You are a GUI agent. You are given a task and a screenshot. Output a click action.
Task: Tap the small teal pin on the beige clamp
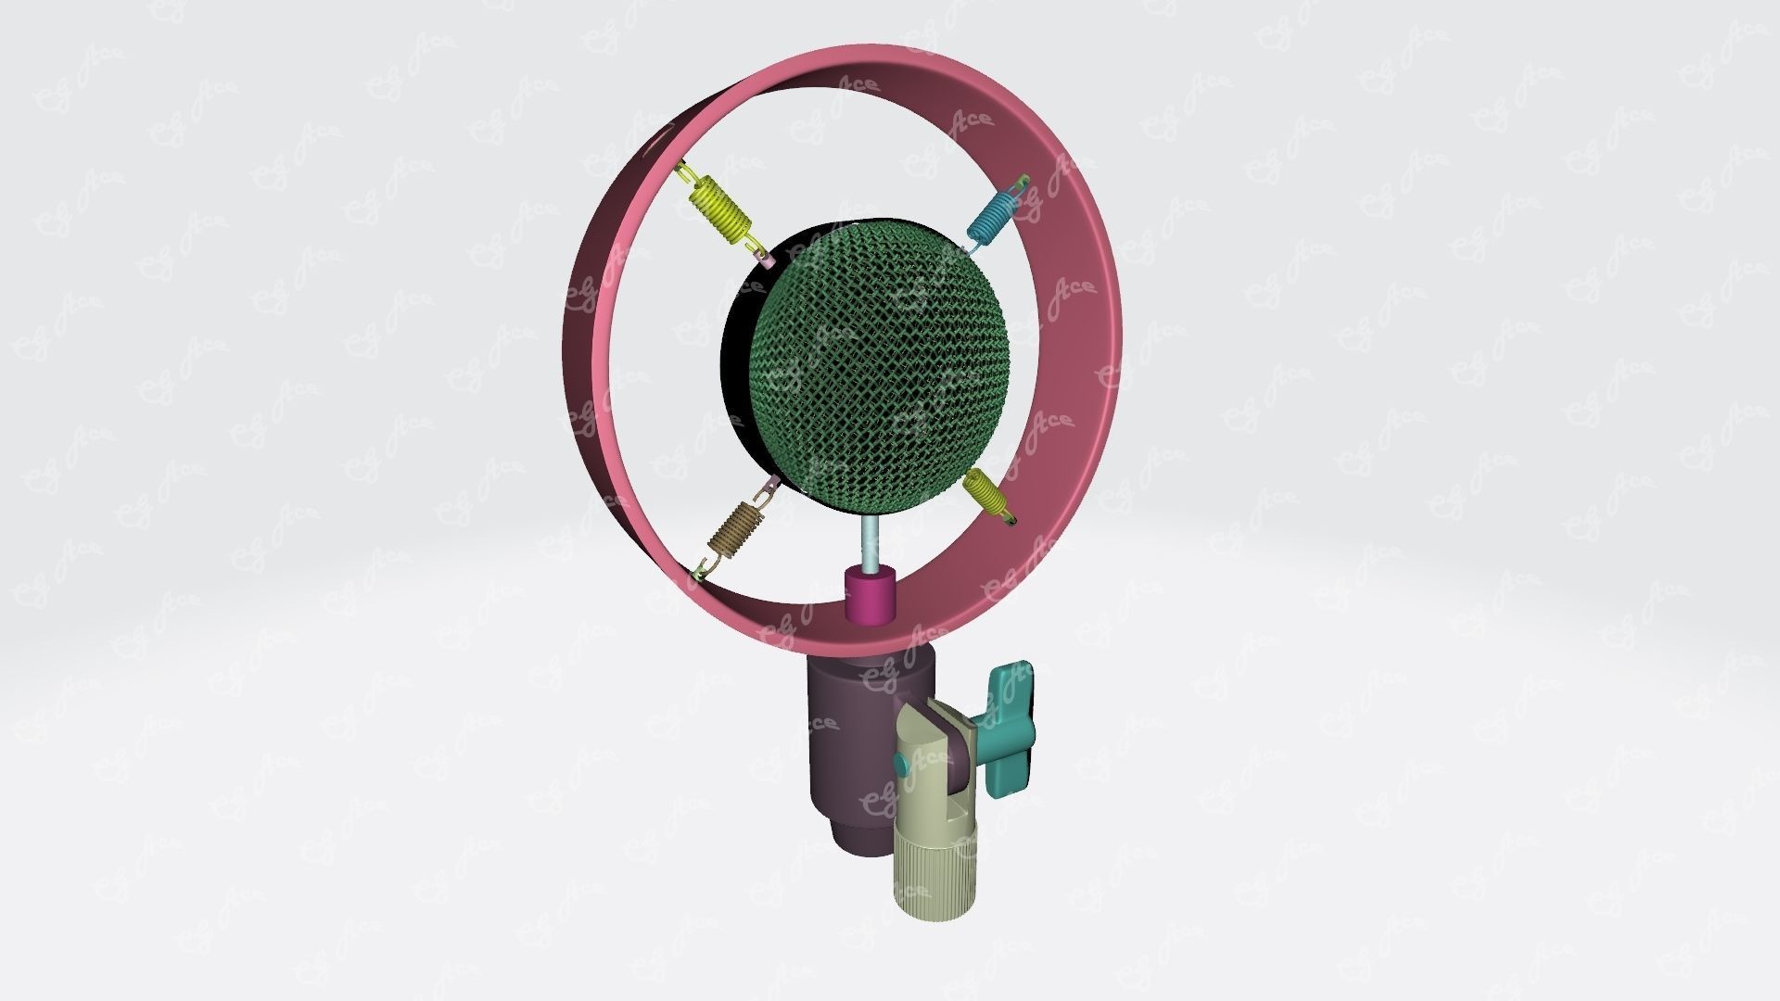(x=900, y=764)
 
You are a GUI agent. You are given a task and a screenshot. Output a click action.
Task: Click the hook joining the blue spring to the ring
(x=1019, y=185)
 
